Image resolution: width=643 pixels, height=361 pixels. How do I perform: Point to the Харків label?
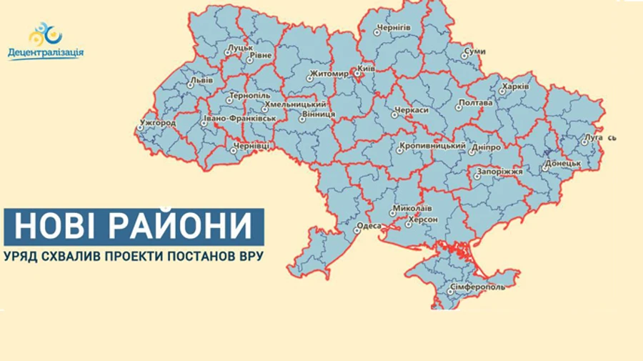pos(515,86)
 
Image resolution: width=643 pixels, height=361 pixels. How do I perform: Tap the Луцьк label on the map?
pos(241,49)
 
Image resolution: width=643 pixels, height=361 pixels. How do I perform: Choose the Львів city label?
pos(202,80)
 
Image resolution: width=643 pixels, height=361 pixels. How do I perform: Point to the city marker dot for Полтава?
pos(459,108)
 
